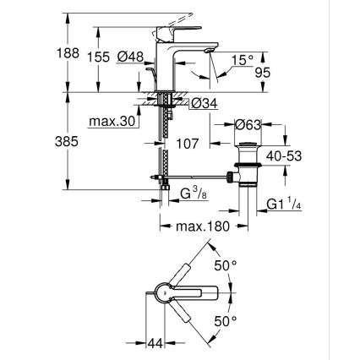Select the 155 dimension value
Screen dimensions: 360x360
coord(98,55)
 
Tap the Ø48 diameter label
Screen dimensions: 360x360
coord(129,55)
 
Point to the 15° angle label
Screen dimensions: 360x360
coord(241,61)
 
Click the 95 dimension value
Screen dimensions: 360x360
coord(262,74)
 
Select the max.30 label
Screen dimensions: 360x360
coord(113,122)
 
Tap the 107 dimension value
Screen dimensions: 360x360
coord(188,143)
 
